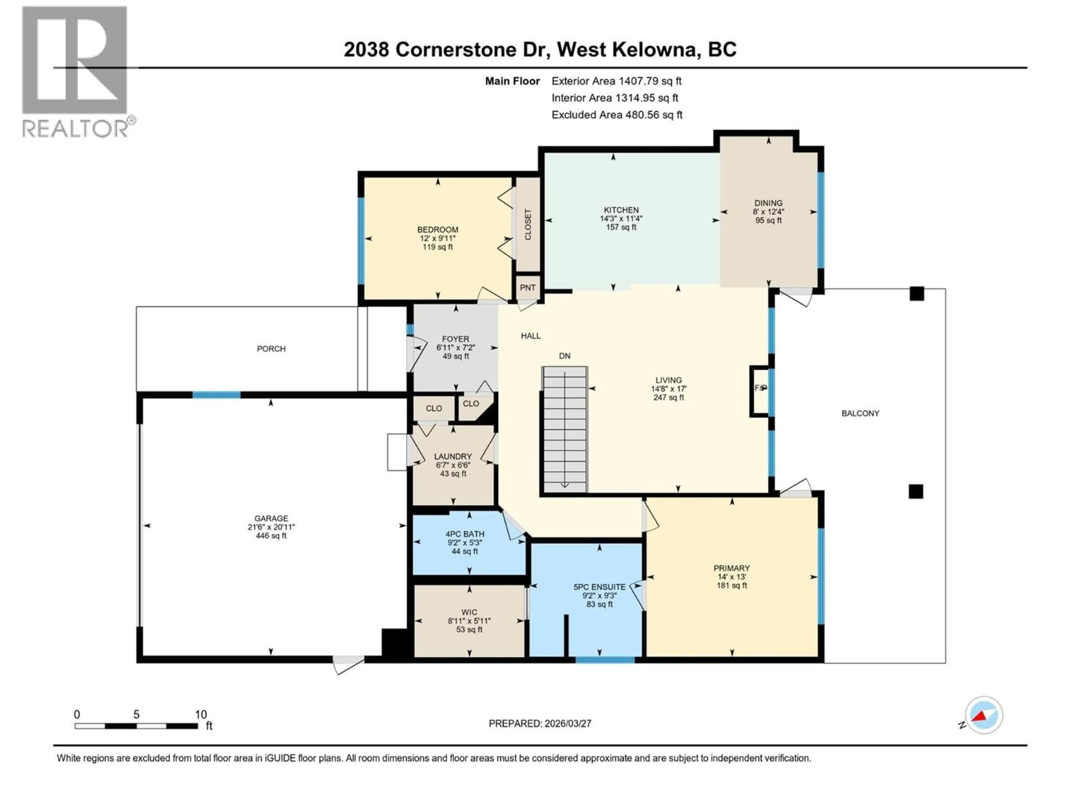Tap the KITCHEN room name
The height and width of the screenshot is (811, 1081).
pos(621,210)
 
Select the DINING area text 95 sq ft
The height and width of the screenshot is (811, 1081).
pos(768,220)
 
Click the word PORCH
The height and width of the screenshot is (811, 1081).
pos(271,349)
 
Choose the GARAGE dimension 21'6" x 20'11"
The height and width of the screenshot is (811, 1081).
pos(271,527)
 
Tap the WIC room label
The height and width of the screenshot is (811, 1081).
pos(469,612)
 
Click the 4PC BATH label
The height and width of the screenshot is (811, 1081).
pos(469,534)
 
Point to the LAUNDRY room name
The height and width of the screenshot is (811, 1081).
pos(453,456)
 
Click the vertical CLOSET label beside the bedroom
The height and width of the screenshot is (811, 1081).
pos(528,225)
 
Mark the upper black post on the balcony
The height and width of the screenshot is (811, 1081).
pos(917,294)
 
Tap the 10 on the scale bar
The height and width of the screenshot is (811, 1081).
pos(200,714)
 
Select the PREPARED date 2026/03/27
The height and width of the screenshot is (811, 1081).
pos(567,723)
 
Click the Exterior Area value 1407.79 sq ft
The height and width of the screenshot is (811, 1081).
pos(649,81)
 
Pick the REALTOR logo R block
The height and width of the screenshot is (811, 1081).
pos(75,60)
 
